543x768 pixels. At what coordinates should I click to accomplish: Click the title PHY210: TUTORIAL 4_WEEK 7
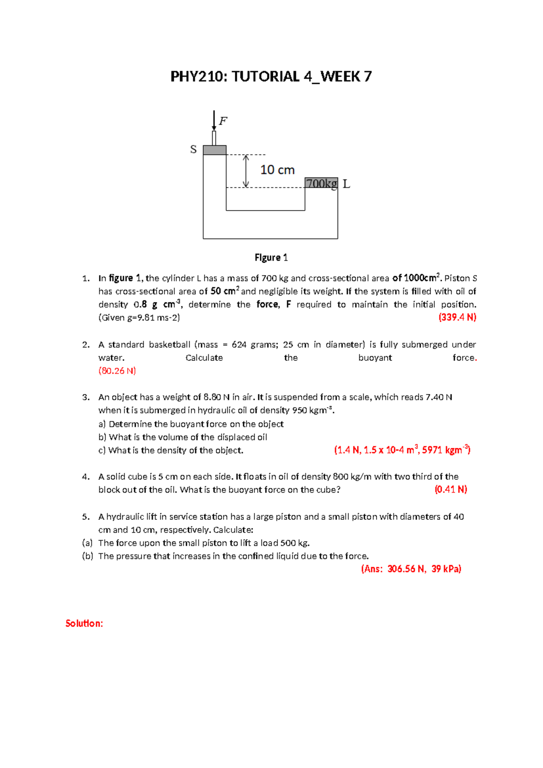271,77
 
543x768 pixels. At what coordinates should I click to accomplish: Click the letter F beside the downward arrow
223,121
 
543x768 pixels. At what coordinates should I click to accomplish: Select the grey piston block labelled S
214,150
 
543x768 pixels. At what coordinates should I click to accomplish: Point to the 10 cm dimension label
277,170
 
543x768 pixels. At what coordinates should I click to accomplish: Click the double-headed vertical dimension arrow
246,171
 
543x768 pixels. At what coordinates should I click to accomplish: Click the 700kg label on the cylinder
321,183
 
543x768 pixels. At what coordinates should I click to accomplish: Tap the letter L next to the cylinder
346,184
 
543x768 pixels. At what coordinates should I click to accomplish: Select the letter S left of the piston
193,149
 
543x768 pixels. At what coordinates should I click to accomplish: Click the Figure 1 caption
271,258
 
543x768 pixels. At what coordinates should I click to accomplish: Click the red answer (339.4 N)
457,317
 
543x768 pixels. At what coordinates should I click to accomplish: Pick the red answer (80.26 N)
117,371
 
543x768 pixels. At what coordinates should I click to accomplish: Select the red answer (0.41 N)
451,490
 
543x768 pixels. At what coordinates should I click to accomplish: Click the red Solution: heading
84,624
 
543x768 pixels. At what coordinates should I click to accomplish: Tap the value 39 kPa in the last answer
446,569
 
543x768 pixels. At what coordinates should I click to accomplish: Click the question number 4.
86,477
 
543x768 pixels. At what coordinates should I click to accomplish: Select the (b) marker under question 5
87,556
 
